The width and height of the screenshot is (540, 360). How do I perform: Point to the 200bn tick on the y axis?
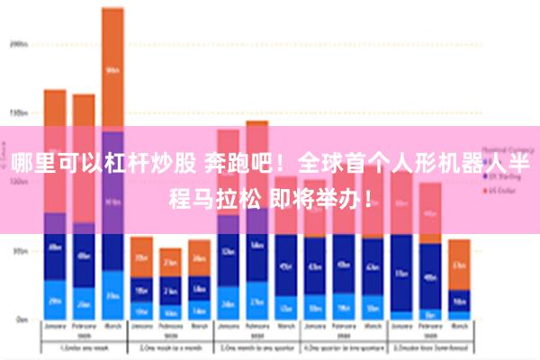tap(17, 42)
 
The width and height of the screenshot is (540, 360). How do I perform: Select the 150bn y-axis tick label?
tap(17, 113)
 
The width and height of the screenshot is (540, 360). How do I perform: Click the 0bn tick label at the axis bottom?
tap(19, 319)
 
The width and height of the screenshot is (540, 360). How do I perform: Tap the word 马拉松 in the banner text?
tap(225, 194)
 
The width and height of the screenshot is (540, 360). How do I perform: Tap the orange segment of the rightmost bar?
tap(459, 264)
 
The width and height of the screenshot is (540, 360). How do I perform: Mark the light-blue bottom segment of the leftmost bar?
tap(55, 300)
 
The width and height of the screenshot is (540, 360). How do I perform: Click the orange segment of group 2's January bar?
tap(141, 256)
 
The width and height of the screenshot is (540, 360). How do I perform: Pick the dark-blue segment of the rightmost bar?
tap(459, 301)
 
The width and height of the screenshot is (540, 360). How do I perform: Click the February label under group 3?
tap(257, 328)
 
